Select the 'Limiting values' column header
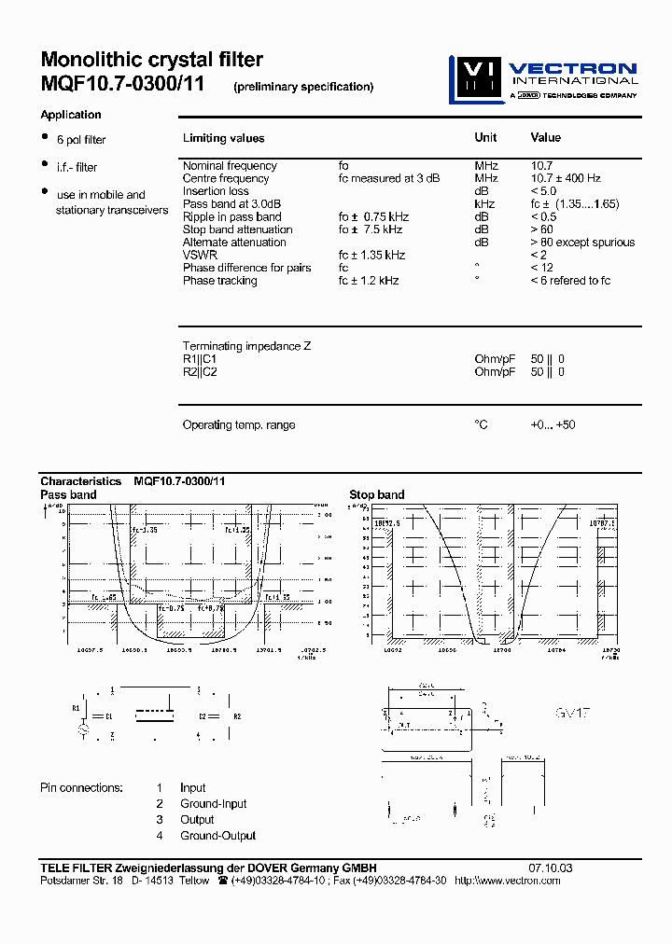click(x=223, y=138)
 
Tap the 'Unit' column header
click(x=485, y=137)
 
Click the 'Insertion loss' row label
click(x=216, y=191)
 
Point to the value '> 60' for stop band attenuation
click(x=542, y=229)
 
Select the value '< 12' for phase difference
click(x=541, y=268)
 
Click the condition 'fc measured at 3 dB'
click(x=388, y=178)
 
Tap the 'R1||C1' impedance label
click(x=200, y=359)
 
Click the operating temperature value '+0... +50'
click(x=553, y=424)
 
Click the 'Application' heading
click(x=71, y=115)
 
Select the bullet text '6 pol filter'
click(x=81, y=140)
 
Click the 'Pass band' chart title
click(x=68, y=494)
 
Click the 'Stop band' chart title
click(x=377, y=494)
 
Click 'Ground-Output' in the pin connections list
click(x=217, y=836)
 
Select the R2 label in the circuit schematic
click(x=237, y=716)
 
